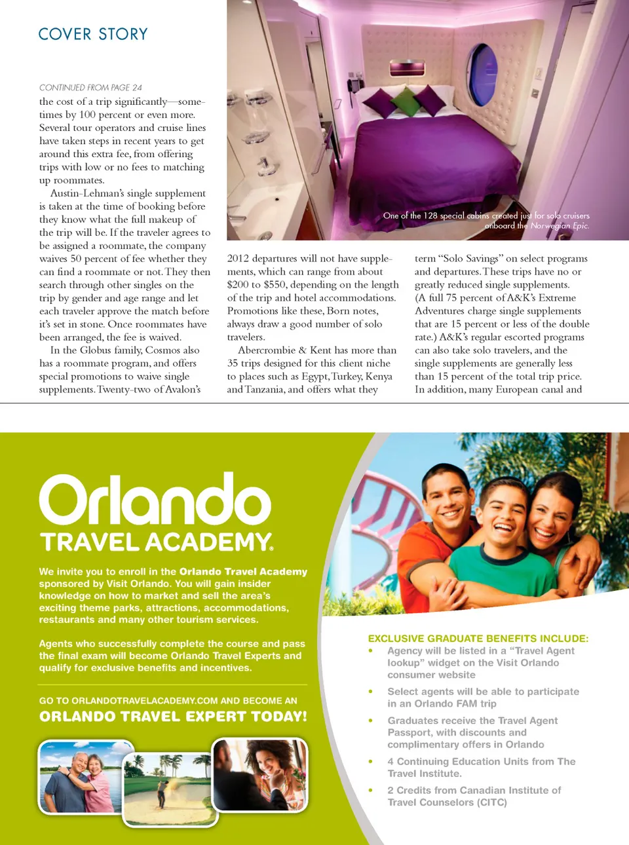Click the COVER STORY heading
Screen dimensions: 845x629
[93, 34]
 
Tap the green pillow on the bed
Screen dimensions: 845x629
[406, 100]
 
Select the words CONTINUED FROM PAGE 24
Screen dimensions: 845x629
[90, 87]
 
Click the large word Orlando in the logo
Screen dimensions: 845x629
[155, 500]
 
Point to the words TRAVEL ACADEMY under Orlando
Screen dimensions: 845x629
[156, 542]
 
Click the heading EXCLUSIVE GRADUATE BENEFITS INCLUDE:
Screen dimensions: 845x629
[478, 638]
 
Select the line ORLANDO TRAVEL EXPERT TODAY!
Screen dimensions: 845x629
[173, 717]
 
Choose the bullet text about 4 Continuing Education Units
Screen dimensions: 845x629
[481, 767]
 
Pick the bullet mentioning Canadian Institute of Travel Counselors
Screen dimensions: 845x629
[474, 796]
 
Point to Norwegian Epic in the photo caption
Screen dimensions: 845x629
[560, 226]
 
